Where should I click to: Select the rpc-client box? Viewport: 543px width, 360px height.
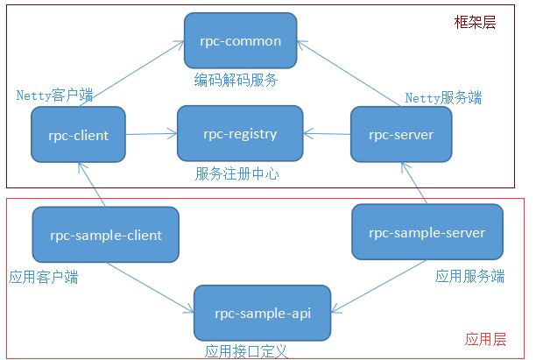[79, 135]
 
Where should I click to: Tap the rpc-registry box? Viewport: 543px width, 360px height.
[240, 134]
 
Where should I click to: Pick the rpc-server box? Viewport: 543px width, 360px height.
[400, 135]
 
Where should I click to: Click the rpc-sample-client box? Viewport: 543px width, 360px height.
[105, 235]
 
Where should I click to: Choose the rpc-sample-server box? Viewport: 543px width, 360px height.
[427, 232]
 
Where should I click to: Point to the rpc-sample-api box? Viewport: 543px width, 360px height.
[263, 313]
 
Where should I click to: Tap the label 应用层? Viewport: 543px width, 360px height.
[486, 339]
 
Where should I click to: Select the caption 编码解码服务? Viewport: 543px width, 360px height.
[236, 81]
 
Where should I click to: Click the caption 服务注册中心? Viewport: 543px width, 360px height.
[237, 173]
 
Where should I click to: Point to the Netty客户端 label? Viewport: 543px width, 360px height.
[55, 95]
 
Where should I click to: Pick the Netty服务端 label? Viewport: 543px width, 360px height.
[442, 98]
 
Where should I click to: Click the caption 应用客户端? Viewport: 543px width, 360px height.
[44, 278]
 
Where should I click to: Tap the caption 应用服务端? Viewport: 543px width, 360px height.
[470, 276]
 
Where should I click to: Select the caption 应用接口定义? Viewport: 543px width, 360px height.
[246, 351]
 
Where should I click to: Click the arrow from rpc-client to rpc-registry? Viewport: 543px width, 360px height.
[152, 135]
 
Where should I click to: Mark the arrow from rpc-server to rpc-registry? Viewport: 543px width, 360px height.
[327, 134]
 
